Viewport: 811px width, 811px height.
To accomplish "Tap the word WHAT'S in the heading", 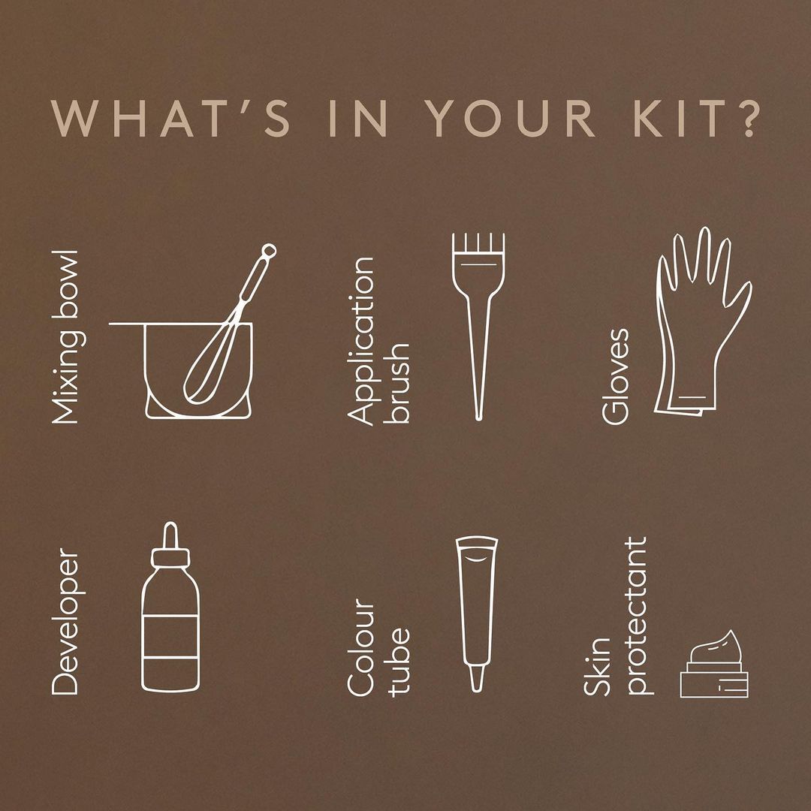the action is pyautogui.click(x=170, y=118).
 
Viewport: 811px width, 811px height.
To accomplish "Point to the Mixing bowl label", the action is pyautogui.click(x=68, y=337).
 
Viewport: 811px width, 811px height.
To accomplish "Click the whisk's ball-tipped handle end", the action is pyautogui.click(x=268, y=252).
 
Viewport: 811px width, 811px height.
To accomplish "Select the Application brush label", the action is pyautogui.click(x=378, y=342).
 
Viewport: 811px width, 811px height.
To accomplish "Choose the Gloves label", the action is pyautogui.click(x=616, y=376).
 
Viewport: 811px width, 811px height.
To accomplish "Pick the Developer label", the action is pyautogui.click(x=65, y=621).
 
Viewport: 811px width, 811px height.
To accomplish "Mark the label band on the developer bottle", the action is pyautogui.click(x=170, y=637).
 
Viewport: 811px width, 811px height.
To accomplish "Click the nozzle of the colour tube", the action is pyautogui.click(x=477, y=678).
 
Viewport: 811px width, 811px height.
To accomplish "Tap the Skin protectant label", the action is pyautogui.click(x=616, y=616).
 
